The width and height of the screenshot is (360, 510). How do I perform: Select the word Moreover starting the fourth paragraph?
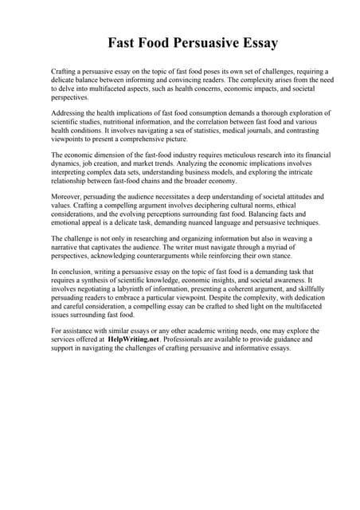(67, 195)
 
